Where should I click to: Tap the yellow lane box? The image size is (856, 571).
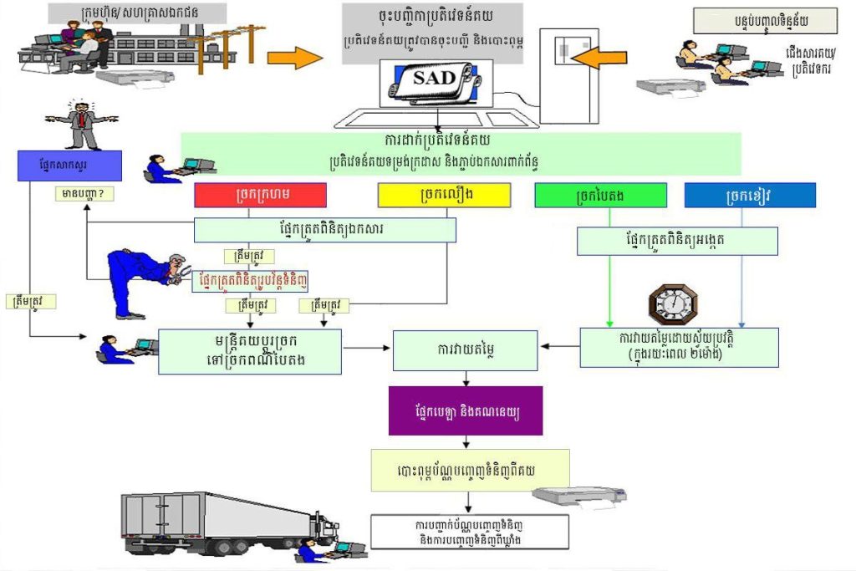443,195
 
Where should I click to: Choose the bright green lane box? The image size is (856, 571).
600,195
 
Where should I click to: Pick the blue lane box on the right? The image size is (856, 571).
749,195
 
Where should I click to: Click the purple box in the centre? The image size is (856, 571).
465,410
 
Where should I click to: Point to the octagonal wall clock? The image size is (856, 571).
673,304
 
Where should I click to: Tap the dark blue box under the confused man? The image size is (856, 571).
69,166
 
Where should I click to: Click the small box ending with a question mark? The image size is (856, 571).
83,195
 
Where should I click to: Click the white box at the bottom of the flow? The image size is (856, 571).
469,530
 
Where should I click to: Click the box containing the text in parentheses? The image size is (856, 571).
679,347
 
